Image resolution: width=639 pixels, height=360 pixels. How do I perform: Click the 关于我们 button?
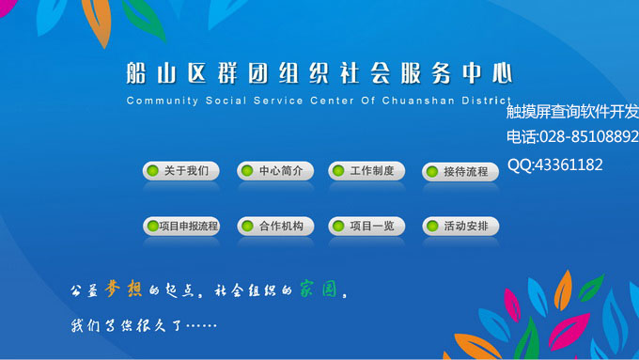click(x=180, y=171)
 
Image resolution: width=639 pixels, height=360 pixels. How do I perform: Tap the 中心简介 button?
click(x=273, y=171)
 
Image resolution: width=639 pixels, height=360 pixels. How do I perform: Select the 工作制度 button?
click(x=366, y=171)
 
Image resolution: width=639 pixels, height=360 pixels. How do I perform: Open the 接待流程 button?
click(x=460, y=172)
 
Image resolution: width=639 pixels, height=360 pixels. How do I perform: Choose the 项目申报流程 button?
click(x=180, y=227)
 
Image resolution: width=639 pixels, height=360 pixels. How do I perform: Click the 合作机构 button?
click(x=273, y=227)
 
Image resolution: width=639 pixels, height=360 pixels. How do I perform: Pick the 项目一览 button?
click(x=366, y=227)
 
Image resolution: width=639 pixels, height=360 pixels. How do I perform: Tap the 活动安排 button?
click(x=460, y=227)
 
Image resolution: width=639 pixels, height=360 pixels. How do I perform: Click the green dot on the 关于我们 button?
click(x=153, y=171)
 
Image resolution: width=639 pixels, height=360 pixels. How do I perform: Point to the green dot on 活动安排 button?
click(x=432, y=227)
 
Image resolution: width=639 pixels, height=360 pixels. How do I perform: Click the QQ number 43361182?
click(x=569, y=164)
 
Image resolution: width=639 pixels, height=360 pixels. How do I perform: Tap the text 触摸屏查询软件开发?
click(x=571, y=111)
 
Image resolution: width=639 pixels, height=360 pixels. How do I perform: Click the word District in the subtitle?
click(x=488, y=100)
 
